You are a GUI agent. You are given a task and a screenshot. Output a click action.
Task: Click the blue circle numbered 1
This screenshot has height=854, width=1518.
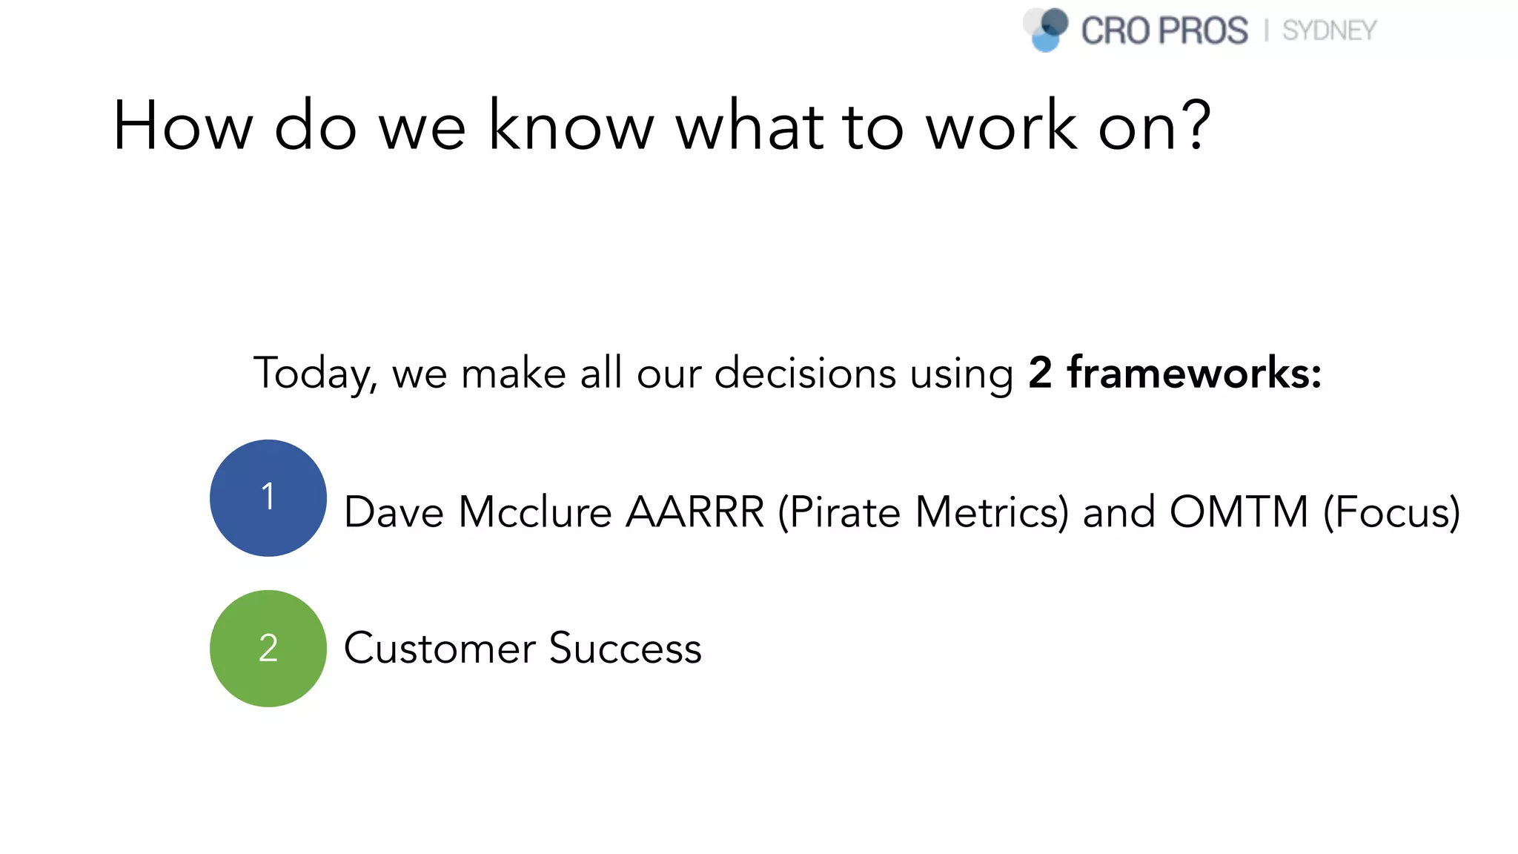coord(268,498)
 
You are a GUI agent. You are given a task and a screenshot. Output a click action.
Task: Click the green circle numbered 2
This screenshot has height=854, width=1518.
coord(268,649)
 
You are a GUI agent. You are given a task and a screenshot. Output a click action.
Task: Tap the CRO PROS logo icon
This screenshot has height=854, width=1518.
coord(1046,30)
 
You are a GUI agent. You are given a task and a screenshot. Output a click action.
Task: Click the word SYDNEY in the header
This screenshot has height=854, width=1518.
coord(1329,31)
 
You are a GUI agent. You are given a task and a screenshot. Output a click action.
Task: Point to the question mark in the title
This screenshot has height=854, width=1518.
coord(1194,125)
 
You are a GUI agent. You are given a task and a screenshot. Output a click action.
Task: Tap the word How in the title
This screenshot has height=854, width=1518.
coord(183,126)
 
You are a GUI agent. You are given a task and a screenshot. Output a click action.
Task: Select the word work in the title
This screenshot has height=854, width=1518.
coord(1001,126)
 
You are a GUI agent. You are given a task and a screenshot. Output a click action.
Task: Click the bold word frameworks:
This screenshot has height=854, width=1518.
coord(1194,372)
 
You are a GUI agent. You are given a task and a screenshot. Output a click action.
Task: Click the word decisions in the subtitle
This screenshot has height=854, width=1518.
coord(805,372)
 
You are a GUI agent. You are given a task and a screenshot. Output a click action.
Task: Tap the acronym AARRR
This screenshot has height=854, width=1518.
coord(695,512)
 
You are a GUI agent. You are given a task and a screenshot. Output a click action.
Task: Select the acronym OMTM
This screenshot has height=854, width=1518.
coord(1239,512)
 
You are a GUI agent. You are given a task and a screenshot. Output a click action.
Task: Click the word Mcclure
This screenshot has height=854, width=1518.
coord(534,512)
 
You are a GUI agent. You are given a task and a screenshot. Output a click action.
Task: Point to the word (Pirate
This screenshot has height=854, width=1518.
coord(839,512)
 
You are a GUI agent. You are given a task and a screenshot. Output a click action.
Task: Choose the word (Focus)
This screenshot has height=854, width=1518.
coord(1391,512)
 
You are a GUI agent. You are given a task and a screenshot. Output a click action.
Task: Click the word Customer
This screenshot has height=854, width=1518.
coord(440,649)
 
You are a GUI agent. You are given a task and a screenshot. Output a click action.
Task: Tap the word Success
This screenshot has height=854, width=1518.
coord(625,649)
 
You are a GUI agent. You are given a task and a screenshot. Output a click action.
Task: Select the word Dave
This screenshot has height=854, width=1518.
coord(394,512)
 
